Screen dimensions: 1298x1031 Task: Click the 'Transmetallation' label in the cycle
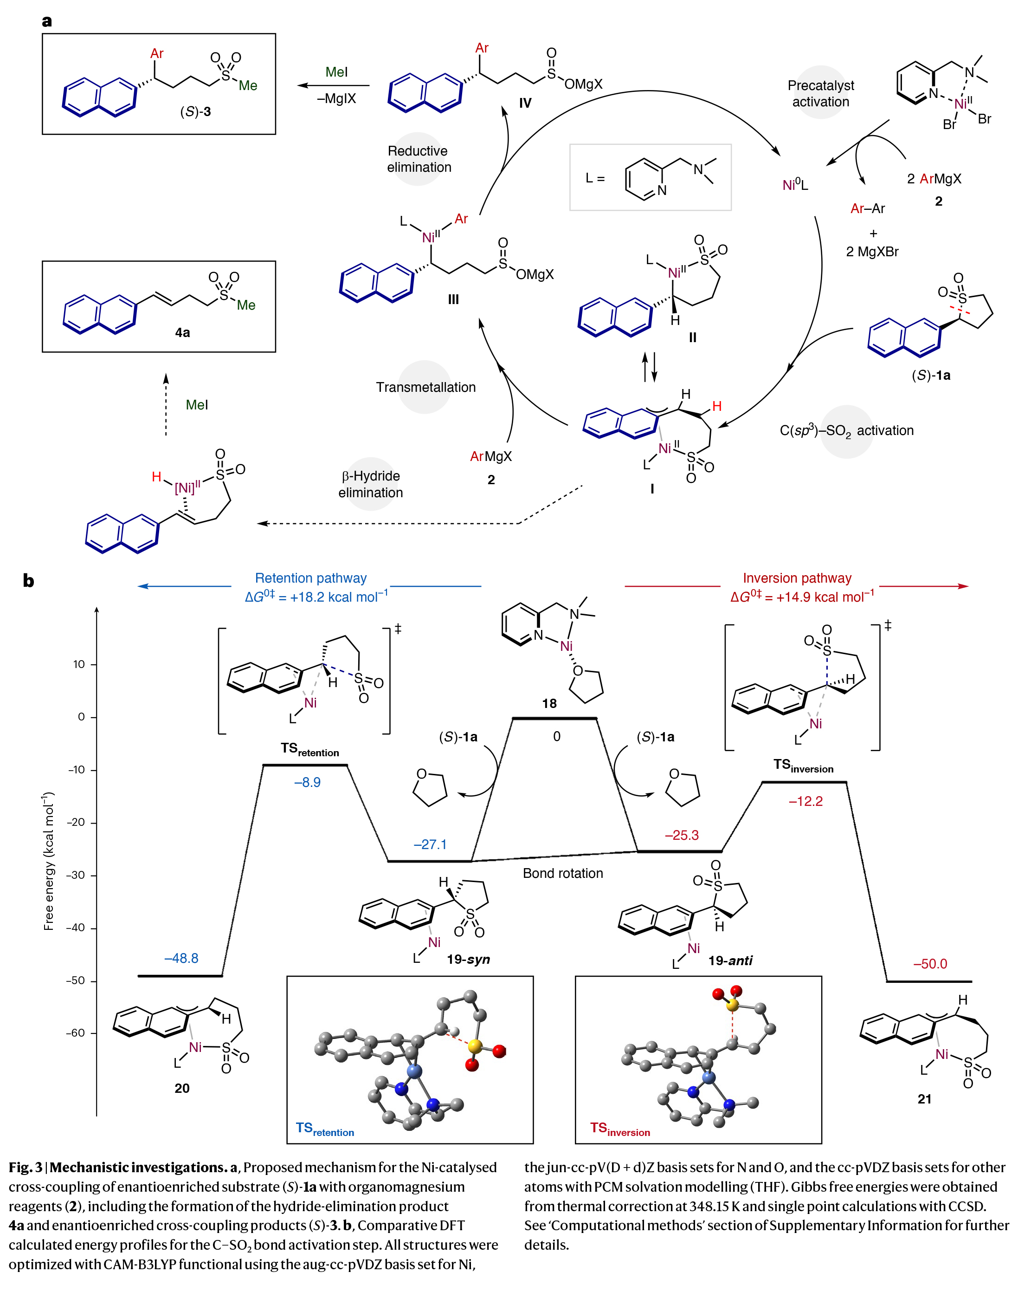click(x=425, y=387)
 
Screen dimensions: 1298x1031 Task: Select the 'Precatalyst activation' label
click(x=820, y=94)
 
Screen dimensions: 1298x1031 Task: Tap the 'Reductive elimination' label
click(x=419, y=159)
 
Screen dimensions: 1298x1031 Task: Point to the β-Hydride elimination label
click(x=371, y=484)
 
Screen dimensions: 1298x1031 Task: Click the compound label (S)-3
click(x=196, y=112)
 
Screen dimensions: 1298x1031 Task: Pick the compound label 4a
click(x=182, y=332)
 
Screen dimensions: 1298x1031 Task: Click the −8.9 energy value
click(x=307, y=783)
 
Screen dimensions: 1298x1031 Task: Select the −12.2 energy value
click(x=805, y=801)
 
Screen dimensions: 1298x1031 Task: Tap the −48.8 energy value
click(x=181, y=958)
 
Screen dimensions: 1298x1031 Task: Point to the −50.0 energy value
click(x=930, y=964)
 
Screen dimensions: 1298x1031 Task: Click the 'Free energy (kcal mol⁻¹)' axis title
click(x=49, y=861)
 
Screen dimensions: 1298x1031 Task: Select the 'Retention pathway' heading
click(x=310, y=578)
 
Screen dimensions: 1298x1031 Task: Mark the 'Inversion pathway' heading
click(x=797, y=578)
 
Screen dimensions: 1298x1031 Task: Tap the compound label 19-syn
click(x=468, y=960)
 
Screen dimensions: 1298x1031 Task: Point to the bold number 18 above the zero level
click(x=549, y=703)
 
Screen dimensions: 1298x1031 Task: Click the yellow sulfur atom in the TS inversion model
click(x=732, y=1005)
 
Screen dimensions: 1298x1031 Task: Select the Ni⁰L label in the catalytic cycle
click(x=795, y=185)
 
